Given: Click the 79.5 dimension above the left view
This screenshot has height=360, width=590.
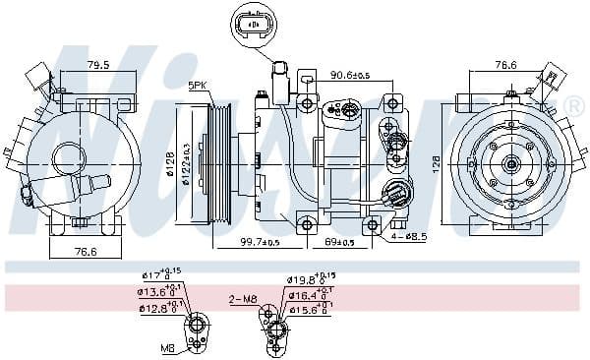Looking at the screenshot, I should click(96, 66).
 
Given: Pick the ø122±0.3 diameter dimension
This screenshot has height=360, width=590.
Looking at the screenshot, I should click(183, 159).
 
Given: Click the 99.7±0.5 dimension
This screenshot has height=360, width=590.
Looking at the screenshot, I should click(261, 243).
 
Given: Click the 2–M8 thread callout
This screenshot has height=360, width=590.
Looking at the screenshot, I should click(242, 299).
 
